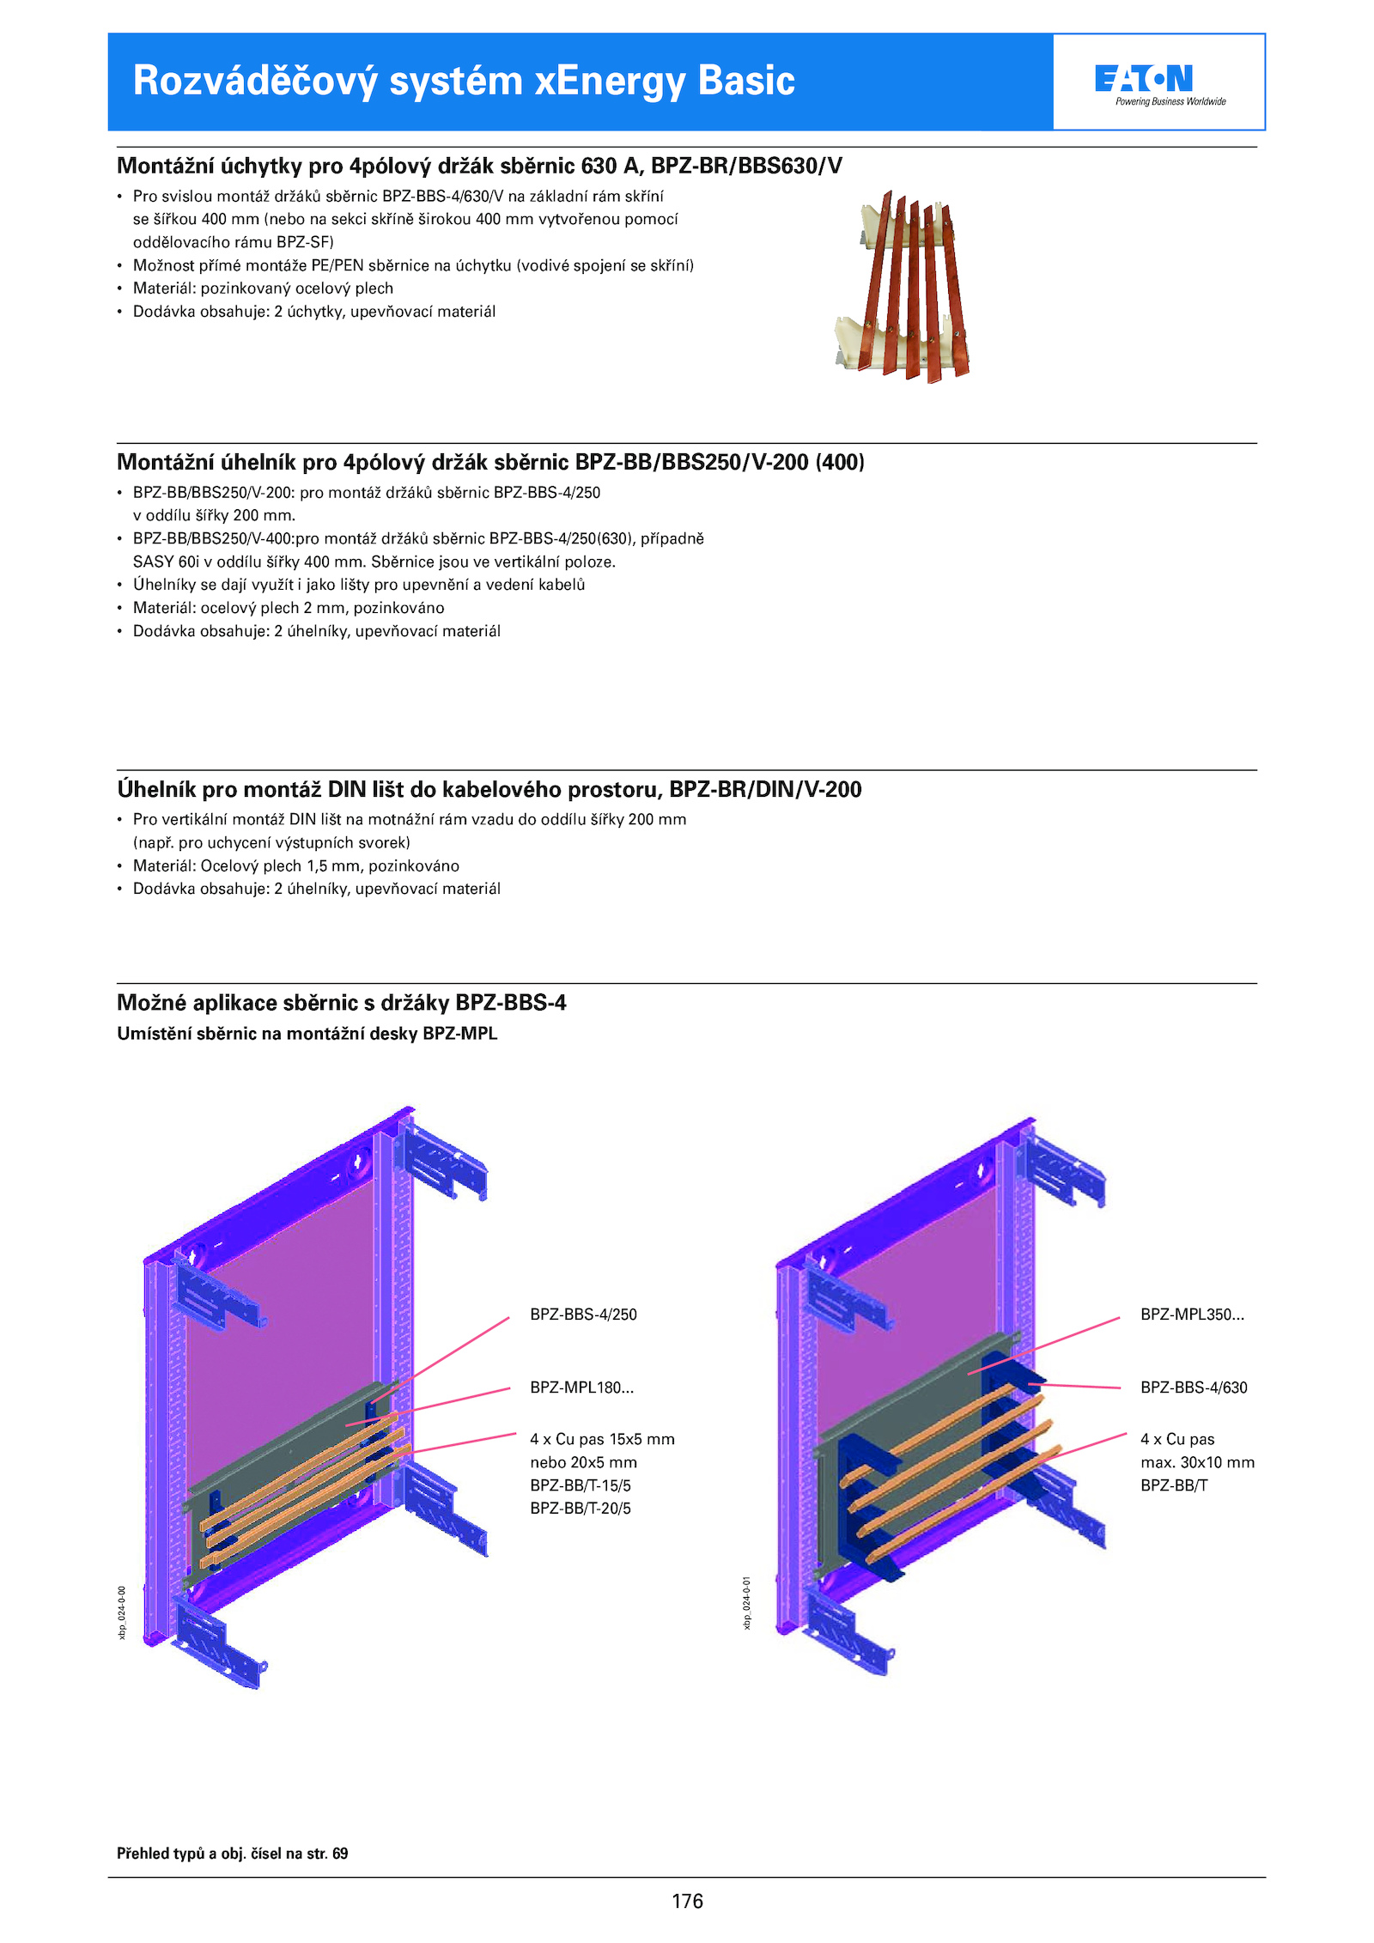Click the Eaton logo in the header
(x=1158, y=82)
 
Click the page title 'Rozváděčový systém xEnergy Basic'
(x=464, y=81)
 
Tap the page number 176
(x=687, y=1901)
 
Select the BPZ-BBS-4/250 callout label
(x=583, y=1315)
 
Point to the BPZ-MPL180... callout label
(x=581, y=1387)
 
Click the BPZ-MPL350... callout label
(x=1192, y=1315)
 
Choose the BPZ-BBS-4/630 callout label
(x=1194, y=1387)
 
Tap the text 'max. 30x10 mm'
(x=1197, y=1462)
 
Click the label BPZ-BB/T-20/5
(x=581, y=1509)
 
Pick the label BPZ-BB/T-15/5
(x=581, y=1485)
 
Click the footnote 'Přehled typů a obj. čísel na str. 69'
(x=233, y=1853)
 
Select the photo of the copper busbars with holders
(x=903, y=288)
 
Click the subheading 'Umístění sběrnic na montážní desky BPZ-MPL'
(x=307, y=1034)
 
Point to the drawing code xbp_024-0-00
(x=122, y=1612)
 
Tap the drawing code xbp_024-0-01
(x=747, y=1602)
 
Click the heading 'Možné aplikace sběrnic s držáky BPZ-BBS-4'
(x=341, y=1003)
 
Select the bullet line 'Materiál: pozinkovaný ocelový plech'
(x=263, y=288)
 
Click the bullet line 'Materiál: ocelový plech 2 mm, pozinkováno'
(x=289, y=608)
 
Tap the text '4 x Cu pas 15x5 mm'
(x=602, y=1439)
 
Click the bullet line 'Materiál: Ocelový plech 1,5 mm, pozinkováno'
(x=295, y=865)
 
